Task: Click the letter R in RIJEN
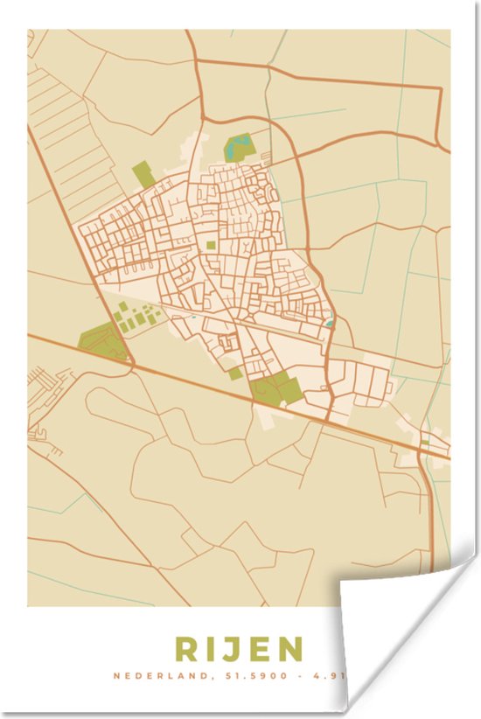coord(186,650)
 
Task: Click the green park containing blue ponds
coord(237,146)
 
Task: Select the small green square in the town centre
coord(211,247)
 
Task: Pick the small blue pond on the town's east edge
coord(330,323)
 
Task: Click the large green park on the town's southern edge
coord(274,387)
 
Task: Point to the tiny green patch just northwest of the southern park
coord(235,373)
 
